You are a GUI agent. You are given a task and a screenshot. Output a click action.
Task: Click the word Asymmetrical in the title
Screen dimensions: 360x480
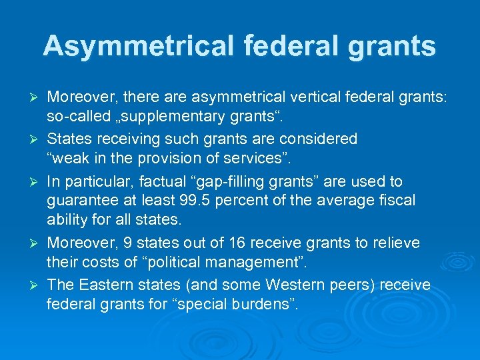click(137, 46)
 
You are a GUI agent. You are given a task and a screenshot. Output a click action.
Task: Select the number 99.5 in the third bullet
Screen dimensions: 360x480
click(197, 200)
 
